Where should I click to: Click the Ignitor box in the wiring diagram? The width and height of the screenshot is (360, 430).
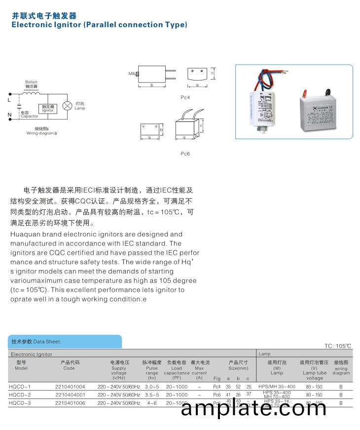(x=48, y=108)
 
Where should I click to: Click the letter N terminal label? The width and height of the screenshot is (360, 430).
(x=9, y=116)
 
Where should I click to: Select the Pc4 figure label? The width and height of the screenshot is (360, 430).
(x=185, y=97)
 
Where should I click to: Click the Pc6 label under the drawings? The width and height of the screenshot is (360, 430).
(x=185, y=154)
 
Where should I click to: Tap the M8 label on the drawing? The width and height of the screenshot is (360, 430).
(x=132, y=74)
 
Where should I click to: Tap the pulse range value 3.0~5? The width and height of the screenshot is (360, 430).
(x=152, y=387)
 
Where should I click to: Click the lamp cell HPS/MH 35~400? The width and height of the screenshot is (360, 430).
(x=277, y=387)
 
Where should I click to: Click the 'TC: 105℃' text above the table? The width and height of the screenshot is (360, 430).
(x=337, y=346)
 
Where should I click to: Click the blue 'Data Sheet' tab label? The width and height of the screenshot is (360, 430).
(x=47, y=342)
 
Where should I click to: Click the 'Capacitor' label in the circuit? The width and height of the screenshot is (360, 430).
(x=30, y=117)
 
